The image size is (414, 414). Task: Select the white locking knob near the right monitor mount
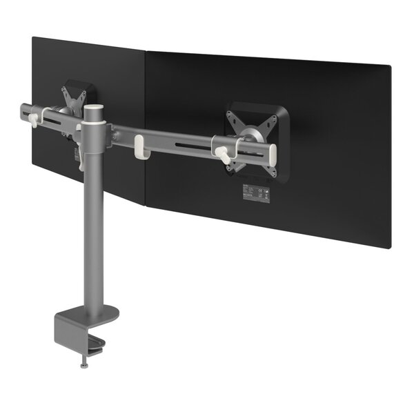pos(222,153)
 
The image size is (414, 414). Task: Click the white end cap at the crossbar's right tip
pos(273,152)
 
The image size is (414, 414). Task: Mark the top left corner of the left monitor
pos(33,37)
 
